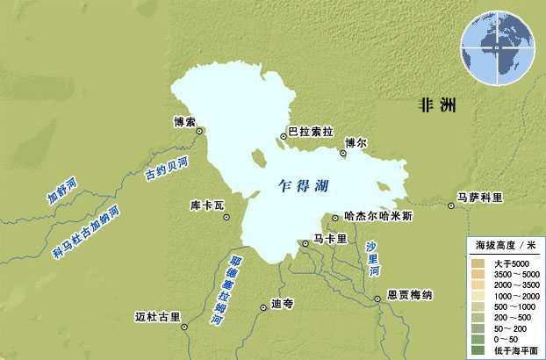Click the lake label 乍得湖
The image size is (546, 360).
pyautogui.click(x=303, y=186)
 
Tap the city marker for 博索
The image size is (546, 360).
pyautogui.click(x=200, y=131)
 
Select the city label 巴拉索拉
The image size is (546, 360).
pyautogui.click(x=311, y=132)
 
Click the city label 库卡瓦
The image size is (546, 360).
pyautogui.click(x=208, y=205)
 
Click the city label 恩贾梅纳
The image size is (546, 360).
pyautogui.click(x=410, y=296)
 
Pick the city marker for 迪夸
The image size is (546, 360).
pyautogui.click(x=263, y=307)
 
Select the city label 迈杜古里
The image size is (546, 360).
pyautogui.click(x=159, y=315)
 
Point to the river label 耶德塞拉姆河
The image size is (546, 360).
pyautogui.click(x=226, y=290)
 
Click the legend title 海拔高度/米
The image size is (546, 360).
pyautogui.click(x=505, y=245)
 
